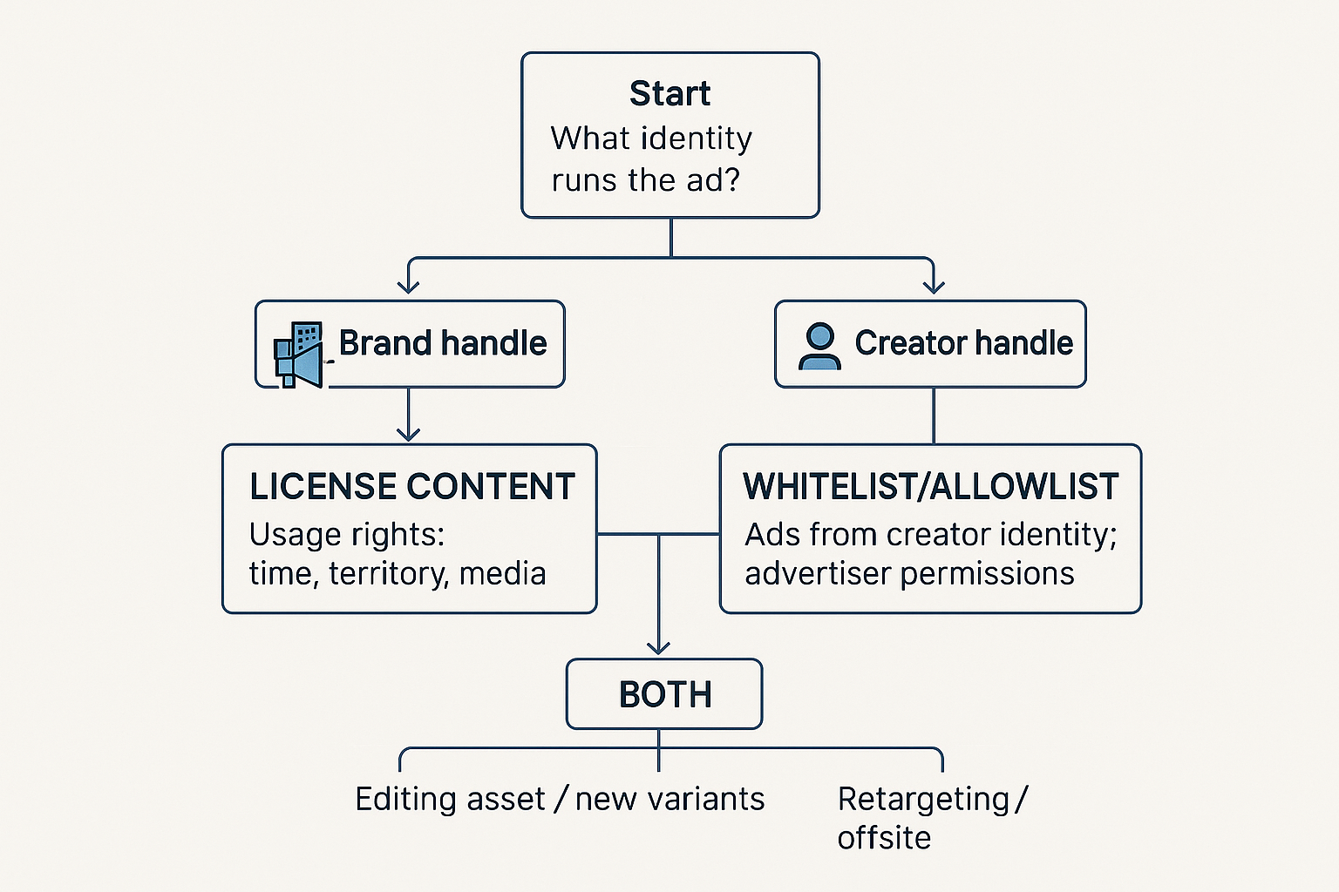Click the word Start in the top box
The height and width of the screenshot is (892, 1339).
[x=669, y=93]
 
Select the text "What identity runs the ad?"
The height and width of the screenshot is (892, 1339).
[x=650, y=159]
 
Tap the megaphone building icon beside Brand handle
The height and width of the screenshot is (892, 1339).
[x=298, y=354]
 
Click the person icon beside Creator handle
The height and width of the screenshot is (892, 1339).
[x=819, y=346]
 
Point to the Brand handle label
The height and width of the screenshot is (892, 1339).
[x=443, y=343]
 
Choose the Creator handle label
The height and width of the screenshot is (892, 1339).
[x=963, y=343]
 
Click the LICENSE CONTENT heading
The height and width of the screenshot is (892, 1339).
[x=412, y=487]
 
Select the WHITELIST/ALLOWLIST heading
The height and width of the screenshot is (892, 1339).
[x=930, y=487]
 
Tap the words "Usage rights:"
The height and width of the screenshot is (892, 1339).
[x=347, y=534]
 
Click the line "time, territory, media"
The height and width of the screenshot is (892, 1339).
[x=398, y=573]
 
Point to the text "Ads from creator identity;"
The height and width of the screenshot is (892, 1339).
[x=930, y=534]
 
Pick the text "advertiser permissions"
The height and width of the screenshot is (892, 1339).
[x=909, y=573]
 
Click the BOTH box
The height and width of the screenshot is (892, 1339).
[x=664, y=694]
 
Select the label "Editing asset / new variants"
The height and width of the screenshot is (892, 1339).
[x=560, y=799]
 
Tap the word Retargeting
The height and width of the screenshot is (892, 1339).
[x=923, y=799]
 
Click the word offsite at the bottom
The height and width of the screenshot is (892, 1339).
[x=884, y=838]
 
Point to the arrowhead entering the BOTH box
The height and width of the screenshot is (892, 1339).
[x=658, y=647]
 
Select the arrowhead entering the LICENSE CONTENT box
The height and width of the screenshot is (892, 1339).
[x=408, y=433]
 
